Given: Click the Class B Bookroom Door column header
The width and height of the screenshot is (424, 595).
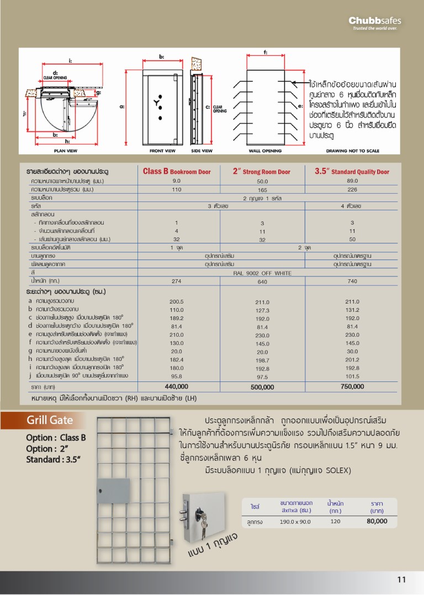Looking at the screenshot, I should tap(177, 172).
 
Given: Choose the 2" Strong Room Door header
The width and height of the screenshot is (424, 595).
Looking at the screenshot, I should tap(262, 172).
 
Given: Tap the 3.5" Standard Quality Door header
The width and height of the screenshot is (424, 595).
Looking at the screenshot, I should tap(352, 172).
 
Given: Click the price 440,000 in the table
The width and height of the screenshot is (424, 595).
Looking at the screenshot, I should tap(177, 386).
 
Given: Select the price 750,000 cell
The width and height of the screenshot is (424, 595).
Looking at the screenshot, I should tap(352, 386).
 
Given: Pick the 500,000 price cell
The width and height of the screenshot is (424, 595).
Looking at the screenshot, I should tap(262, 387).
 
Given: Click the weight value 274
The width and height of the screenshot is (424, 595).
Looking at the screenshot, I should tap(177, 281).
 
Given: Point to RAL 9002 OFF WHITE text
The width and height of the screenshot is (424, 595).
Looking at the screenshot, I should tap(262, 273).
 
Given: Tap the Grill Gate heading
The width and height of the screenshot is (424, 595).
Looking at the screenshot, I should tap(50, 420).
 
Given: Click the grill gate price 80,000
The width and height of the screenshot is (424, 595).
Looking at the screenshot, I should tap(377, 521).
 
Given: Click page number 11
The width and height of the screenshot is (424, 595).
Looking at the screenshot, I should tap(401, 579).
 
